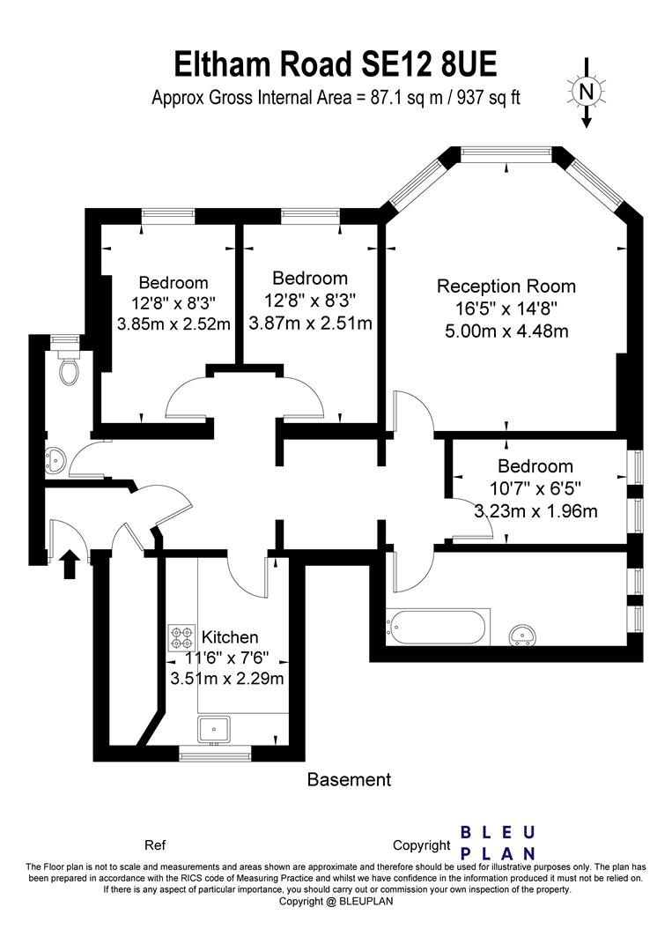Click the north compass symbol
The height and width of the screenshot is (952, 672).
coord(587,91)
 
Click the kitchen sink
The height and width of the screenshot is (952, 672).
coord(214,729)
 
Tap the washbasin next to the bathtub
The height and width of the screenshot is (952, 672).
coord(524,634)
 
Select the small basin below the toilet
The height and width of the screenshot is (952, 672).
coord(55,457)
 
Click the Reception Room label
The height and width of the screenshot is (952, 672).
coord(506,286)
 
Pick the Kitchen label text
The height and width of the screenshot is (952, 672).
coord(230,636)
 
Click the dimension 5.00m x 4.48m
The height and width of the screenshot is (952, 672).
coord(506,331)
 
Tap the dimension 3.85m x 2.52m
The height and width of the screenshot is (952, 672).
coord(174,324)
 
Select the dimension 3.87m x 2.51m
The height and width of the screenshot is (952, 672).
coord(310,324)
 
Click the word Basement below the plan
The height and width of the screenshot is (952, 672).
coord(349,779)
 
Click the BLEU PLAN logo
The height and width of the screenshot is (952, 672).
coord(499,843)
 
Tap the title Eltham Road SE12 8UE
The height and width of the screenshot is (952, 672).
coord(336,64)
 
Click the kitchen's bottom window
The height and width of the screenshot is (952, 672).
coord(215,754)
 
